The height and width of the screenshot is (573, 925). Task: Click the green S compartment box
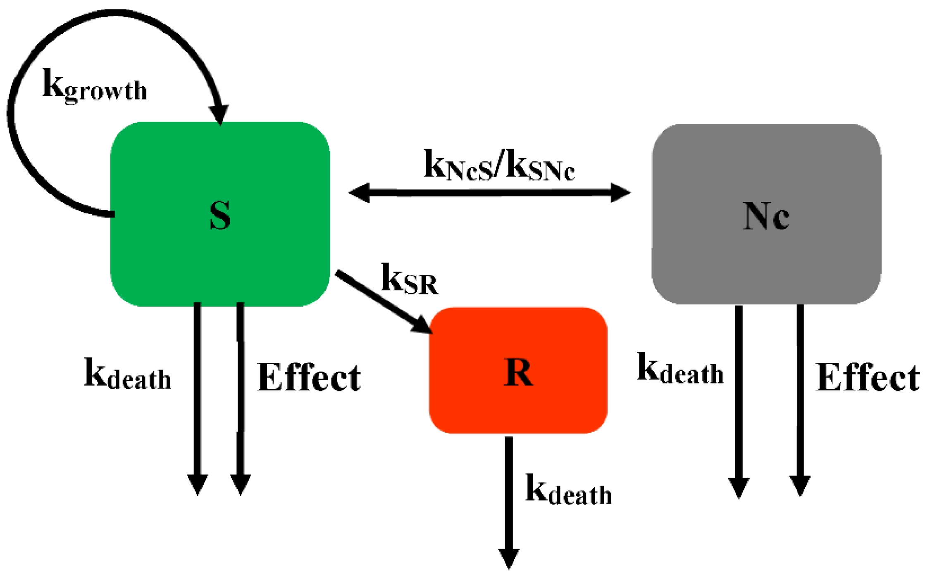tap(165, 256)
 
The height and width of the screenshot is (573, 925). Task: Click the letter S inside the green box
tap(220, 215)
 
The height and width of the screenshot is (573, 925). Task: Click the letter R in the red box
tap(518, 372)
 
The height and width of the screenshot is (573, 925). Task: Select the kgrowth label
tap(95, 85)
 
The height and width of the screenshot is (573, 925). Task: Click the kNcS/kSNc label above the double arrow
tap(499, 166)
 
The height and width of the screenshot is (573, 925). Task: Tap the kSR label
tap(409, 279)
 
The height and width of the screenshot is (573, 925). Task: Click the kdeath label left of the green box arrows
tap(127, 374)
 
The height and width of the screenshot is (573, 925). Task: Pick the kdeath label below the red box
tap(568, 490)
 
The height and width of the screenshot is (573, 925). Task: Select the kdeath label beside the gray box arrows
tap(680, 369)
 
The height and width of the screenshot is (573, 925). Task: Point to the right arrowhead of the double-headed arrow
tap(621, 193)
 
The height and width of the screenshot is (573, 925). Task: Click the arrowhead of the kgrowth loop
tap(219, 114)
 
